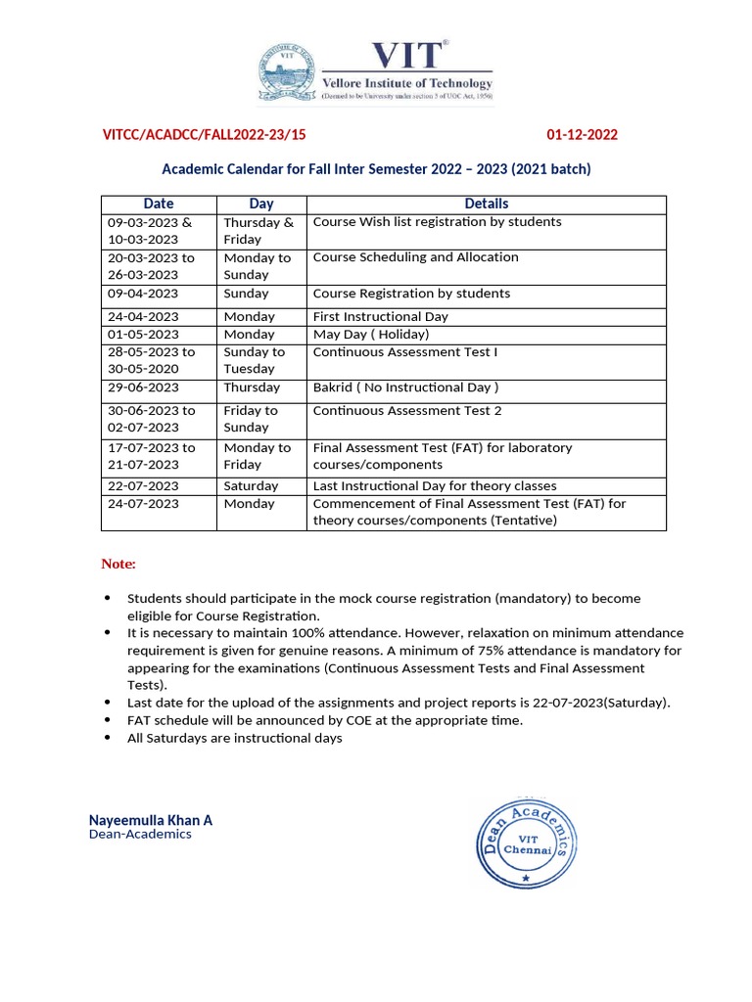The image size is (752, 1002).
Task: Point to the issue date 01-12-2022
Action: pyautogui.click(x=582, y=135)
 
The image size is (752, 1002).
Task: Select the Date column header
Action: pyautogui.click(x=159, y=204)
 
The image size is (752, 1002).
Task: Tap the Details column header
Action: pyautogui.click(x=486, y=204)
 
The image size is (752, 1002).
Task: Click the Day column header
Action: pyautogui.click(x=261, y=204)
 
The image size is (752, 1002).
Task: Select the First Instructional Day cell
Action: pyautogui.click(x=380, y=317)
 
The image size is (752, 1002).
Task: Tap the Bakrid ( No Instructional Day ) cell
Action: pyautogui.click(x=405, y=387)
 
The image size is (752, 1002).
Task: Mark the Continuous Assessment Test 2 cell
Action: pyautogui.click(x=406, y=411)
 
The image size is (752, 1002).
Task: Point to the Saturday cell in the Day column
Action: pyautogui.click(x=251, y=486)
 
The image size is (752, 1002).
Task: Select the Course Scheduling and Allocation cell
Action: pyautogui.click(x=415, y=257)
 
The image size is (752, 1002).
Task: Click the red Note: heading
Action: pyautogui.click(x=118, y=565)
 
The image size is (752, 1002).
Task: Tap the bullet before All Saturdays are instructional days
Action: pyautogui.click(x=107, y=739)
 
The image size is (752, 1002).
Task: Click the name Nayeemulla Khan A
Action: pyautogui.click(x=151, y=820)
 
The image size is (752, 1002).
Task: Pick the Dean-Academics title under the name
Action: pyautogui.click(x=140, y=835)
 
